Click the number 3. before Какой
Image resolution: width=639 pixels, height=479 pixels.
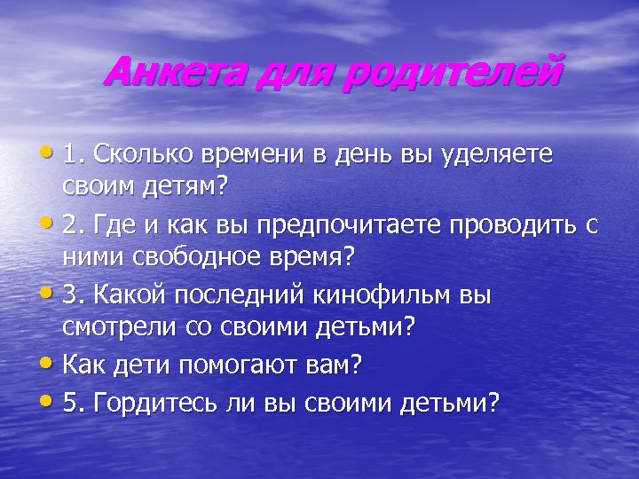point(74,294)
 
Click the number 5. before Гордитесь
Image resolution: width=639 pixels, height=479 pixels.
point(74,402)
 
